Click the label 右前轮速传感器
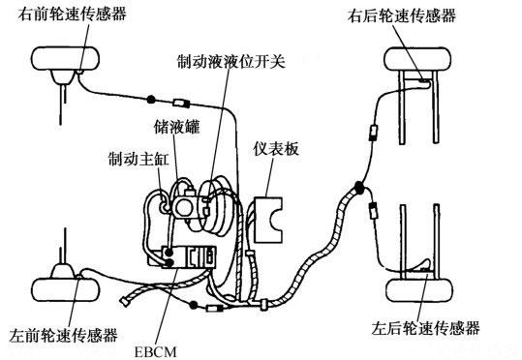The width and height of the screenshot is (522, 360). click(x=73, y=15)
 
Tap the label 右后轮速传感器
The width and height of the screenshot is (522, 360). click(x=402, y=16)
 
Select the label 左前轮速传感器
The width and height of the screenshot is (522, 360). click(x=63, y=335)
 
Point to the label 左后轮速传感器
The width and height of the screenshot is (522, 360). click(x=425, y=328)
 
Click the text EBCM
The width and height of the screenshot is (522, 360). click(x=156, y=352)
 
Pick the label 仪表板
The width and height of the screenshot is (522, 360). click(x=276, y=149)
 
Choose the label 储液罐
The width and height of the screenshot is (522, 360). click(x=177, y=127)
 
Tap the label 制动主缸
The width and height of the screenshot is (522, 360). click(x=138, y=159)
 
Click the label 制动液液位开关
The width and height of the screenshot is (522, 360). click(x=231, y=61)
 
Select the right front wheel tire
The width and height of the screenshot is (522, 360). click(x=65, y=59)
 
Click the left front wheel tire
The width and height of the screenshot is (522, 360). click(x=65, y=289)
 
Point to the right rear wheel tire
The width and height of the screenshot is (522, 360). click(x=417, y=59)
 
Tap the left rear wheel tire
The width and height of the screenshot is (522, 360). click(x=419, y=289)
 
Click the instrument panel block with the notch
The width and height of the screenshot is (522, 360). click(x=268, y=220)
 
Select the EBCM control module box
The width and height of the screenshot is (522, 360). click(x=189, y=256)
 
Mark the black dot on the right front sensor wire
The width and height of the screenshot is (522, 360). click(x=151, y=99)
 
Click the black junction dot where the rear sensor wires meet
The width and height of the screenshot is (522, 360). click(x=359, y=188)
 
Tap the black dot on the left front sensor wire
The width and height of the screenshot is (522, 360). click(x=193, y=305)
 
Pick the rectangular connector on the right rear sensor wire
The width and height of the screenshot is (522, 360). click(x=374, y=133)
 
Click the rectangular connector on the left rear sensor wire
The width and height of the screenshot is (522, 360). click(x=373, y=211)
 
